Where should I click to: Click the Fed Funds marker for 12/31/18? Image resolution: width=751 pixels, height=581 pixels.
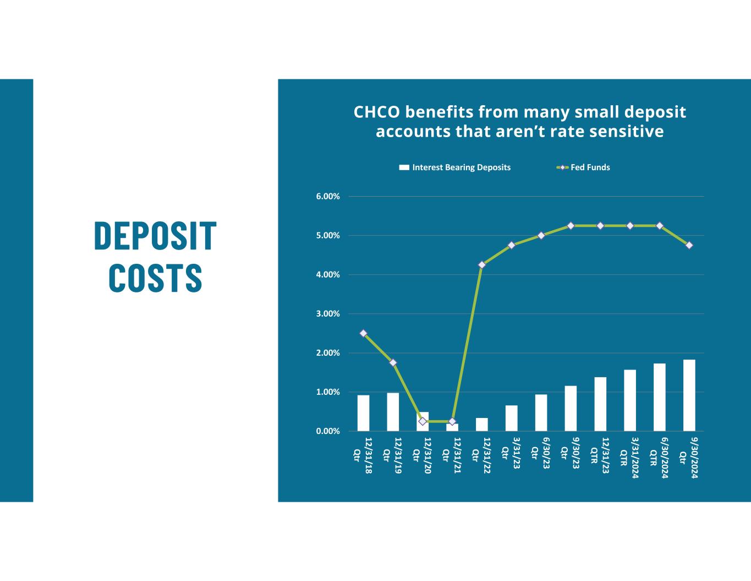(x=363, y=333)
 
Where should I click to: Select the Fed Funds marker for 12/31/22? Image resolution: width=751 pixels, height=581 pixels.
(x=482, y=265)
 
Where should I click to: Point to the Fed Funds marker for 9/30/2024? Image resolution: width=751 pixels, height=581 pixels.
(x=689, y=245)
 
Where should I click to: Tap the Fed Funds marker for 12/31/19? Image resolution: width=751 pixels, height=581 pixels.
(x=393, y=363)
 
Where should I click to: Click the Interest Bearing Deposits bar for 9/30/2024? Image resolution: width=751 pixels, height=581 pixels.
(x=689, y=395)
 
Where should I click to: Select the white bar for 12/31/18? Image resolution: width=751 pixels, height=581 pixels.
(x=363, y=413)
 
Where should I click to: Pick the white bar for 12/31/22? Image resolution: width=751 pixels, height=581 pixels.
(x=482, y=425)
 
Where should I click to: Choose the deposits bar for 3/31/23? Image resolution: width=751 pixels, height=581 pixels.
(x=512, y=418)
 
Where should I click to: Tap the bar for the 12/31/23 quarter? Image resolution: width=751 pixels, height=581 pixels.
(x=600, y=404)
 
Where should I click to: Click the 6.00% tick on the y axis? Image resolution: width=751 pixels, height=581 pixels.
(x=328, y=197)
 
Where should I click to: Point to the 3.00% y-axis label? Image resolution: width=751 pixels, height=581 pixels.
(x=328, y=314)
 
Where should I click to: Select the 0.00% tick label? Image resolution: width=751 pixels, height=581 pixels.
(x=328, y=431)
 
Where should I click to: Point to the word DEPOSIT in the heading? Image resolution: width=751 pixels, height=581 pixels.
(x=155, y=236)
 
